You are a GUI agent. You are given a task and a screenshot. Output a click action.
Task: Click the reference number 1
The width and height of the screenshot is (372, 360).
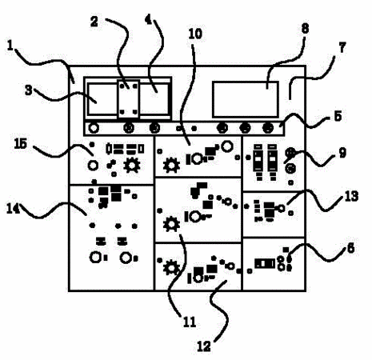tap(10, 46)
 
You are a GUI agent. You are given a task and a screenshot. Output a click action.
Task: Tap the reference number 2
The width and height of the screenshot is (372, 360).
tap(94, 22)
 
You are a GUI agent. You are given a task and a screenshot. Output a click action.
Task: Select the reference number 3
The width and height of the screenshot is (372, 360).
tap(28, 90)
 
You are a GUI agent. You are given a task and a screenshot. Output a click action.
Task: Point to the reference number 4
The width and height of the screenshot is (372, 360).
tap(148, 19)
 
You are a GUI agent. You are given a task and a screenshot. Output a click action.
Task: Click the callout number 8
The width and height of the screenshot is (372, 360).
tap(305, 28)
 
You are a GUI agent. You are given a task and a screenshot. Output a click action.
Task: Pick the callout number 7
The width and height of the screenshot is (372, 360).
tap(342, 47)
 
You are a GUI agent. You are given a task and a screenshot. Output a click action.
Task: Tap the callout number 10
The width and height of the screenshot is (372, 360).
tap(195, 34)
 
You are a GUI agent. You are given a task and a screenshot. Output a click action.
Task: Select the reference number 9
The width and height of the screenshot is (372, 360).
tap(342, 153)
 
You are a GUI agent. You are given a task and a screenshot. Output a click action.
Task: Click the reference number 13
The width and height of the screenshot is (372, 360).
tap(351, 196)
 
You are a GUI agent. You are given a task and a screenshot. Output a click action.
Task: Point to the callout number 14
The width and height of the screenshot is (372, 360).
tap(14, 209)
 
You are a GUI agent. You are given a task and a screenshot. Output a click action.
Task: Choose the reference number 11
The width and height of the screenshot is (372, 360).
tap(190, 322)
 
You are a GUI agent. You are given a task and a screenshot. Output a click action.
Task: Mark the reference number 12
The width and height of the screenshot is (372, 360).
tap(204, 346)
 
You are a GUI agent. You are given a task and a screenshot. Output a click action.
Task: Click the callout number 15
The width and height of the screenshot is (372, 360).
tap(21, 144)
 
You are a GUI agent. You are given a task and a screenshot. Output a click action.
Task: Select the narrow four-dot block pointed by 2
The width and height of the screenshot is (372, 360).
tap(128, 99)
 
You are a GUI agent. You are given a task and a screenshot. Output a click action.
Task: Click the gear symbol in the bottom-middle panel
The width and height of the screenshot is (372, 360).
tap(171, 268)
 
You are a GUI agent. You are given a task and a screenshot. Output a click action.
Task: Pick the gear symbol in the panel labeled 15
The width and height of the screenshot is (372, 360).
tap(132, 166)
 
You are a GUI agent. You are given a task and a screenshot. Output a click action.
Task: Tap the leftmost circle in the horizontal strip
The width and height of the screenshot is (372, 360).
tap(94, 128)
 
